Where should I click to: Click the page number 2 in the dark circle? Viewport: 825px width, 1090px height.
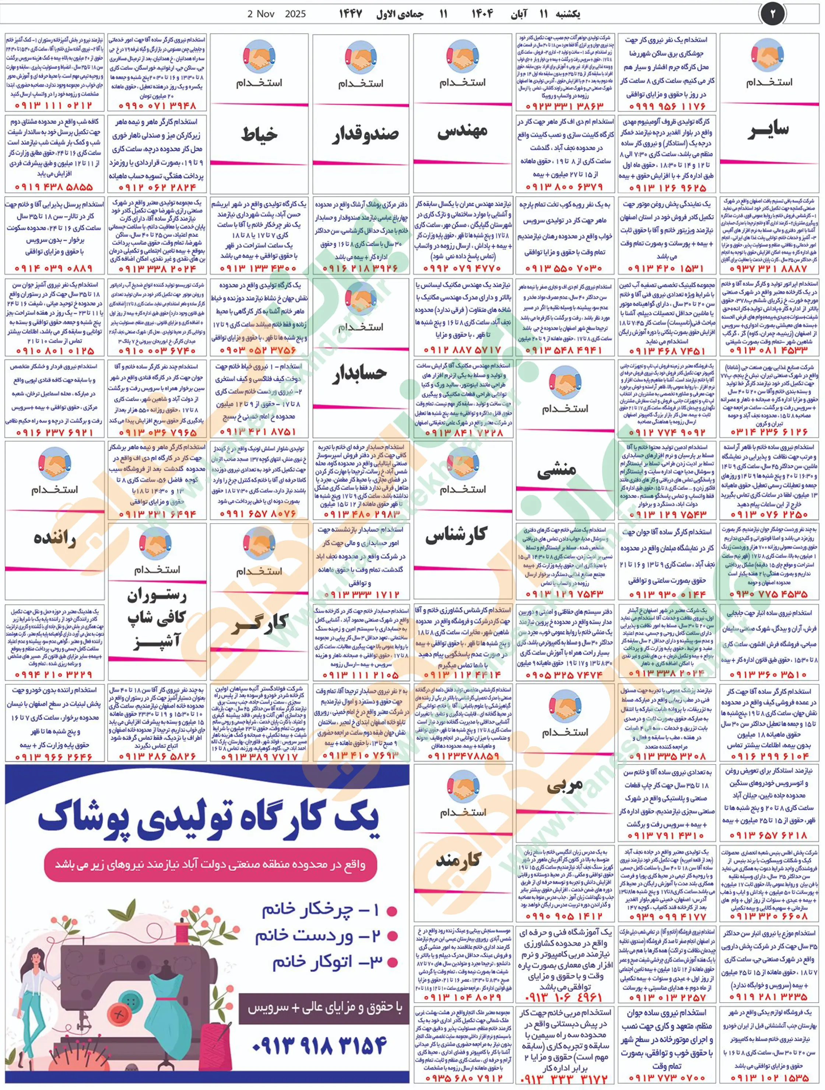[x=772, y=13]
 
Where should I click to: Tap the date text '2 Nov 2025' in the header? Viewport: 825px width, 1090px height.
[x=277, y=14]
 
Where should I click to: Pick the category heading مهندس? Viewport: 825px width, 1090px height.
[x=462, y=131]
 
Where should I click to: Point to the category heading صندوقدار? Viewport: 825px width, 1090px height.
[x=365, y=134]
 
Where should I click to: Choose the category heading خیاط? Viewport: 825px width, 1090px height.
[x=259, y=134]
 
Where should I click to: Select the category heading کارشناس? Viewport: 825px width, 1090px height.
[x=456, y=535]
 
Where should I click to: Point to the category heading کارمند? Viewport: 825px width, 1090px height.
[x=458, y=860]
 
